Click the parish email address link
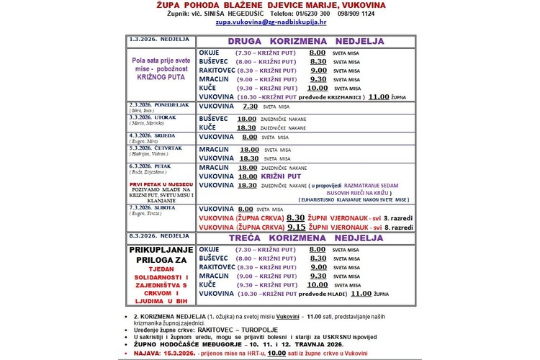point(269,23)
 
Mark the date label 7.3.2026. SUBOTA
point(148,207)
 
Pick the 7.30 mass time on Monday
point(250,106)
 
